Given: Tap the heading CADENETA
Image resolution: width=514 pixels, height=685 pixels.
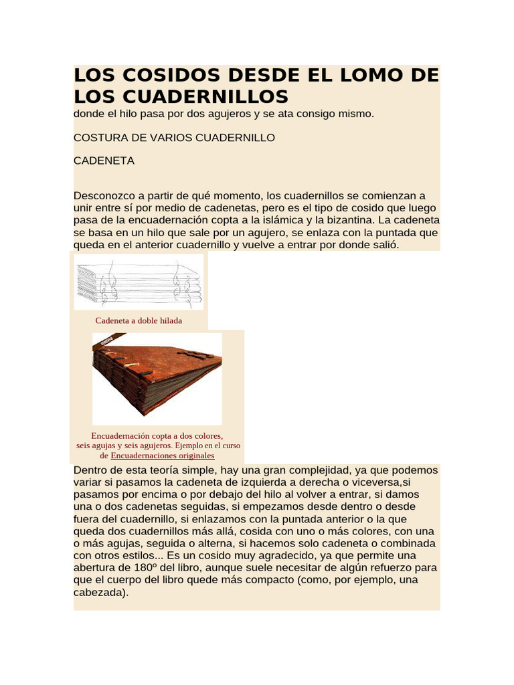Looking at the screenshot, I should click(x=104, y=161).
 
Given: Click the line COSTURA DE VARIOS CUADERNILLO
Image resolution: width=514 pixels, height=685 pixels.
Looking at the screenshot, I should click(x=174, y=138).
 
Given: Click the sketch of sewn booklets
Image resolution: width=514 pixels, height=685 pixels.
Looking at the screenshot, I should click(x=139, y=283).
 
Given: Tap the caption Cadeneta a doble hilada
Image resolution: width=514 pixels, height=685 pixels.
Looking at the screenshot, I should click(x=139, y=321).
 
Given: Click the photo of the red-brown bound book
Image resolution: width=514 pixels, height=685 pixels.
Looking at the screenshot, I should click(x=157, y=376).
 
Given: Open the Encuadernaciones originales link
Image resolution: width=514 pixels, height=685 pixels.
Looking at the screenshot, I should click(x=163, y=456).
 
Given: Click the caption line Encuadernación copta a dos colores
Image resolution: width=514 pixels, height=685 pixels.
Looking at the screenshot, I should click(x=157, y=435).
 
